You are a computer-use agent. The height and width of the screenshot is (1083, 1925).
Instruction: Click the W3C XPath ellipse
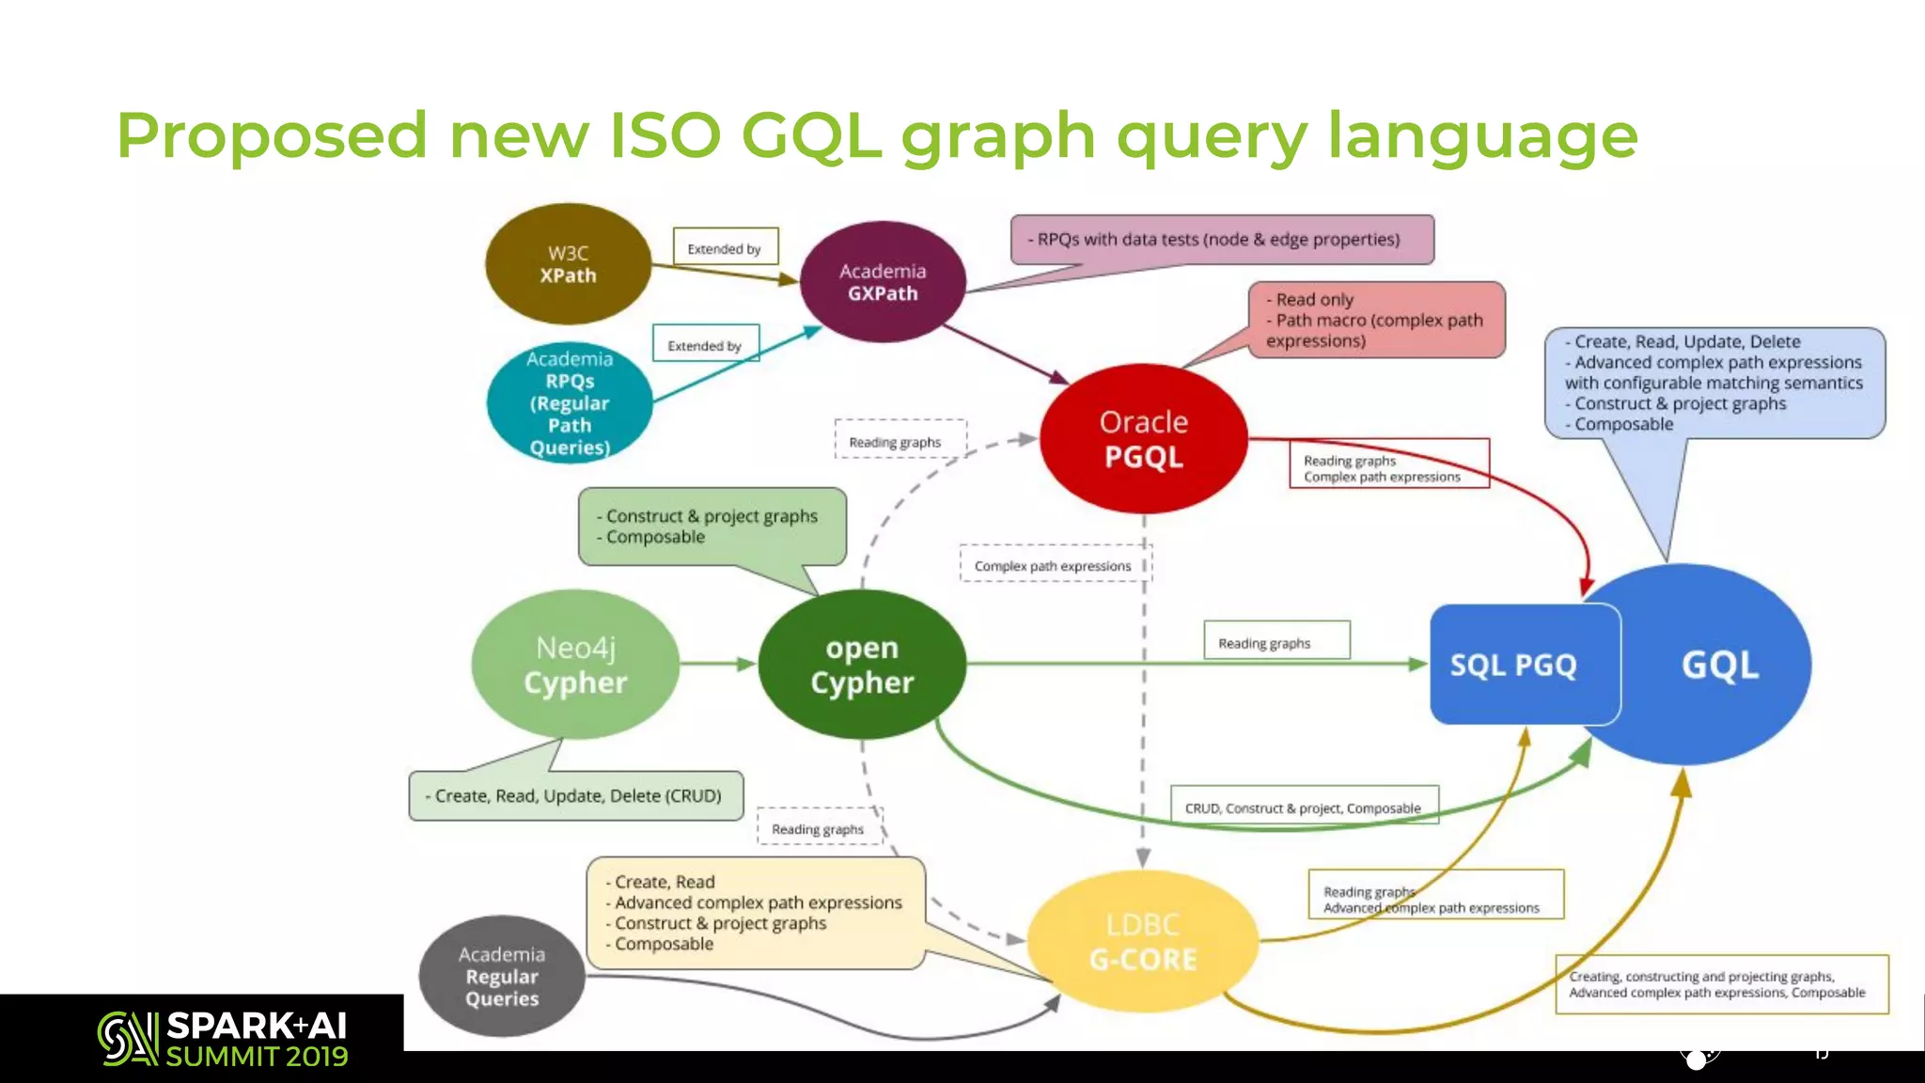point(568,264)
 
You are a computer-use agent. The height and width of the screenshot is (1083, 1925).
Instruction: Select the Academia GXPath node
point(882,282)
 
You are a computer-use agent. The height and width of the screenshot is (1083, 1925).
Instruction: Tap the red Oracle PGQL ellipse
point(1143,439)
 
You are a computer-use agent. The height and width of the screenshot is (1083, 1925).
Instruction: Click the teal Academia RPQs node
point(570,402)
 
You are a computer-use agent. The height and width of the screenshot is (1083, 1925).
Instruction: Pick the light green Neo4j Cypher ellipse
point(574,665)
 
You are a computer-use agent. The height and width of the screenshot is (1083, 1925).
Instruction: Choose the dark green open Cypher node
point(861,665)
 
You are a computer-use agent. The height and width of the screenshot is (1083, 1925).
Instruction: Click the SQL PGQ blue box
point(1513,665)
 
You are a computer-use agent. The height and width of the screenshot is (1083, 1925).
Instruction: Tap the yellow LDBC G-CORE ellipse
point(1142,942)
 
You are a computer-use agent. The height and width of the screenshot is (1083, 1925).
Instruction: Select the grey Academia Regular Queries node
point(502,976)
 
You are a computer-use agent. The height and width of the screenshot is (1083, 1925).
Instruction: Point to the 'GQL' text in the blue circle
point(1719,665)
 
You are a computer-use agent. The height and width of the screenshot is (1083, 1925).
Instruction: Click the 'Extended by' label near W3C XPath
point(725,248)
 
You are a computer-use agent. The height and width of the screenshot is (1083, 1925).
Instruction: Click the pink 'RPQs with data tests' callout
point(1222,240)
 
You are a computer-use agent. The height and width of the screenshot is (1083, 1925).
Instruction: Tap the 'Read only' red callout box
point(1376,320)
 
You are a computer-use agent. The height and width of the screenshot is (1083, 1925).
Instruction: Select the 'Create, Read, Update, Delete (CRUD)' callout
point(576,795)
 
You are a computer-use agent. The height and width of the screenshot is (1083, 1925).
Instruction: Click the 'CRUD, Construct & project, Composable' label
point(1304,808)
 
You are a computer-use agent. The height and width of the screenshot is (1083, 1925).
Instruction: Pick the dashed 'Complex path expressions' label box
point(1053,565)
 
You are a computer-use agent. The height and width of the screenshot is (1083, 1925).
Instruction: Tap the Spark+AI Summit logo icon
point(127,1038)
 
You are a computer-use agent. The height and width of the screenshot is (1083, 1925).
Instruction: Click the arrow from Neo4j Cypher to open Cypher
point(718,664)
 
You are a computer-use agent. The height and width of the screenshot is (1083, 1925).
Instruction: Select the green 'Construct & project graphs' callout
point(712,526)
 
